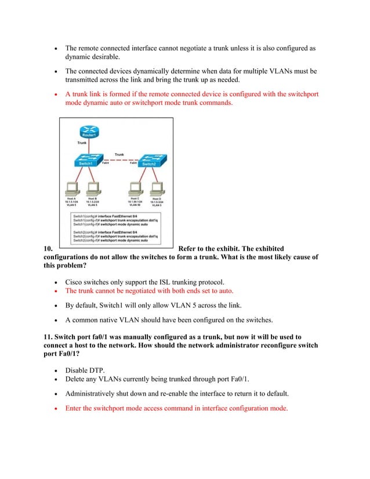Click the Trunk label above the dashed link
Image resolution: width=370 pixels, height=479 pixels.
[119, 154]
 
